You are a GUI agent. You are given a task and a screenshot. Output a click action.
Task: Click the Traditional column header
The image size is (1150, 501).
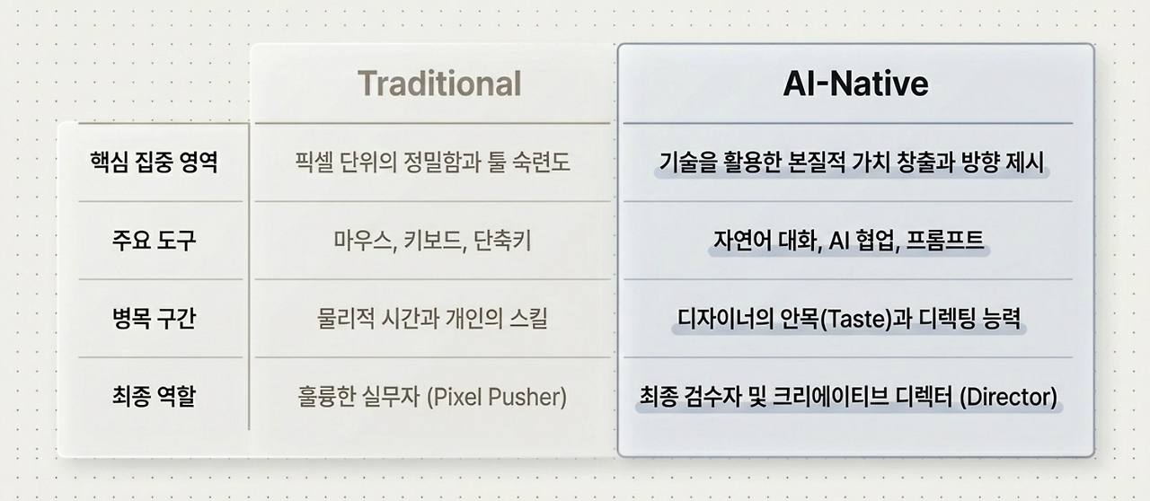coord(439,83)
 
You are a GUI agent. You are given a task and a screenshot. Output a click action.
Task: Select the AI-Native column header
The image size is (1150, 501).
coord(856,83)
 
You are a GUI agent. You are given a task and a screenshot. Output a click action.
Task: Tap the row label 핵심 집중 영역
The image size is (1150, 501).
coord(155,163)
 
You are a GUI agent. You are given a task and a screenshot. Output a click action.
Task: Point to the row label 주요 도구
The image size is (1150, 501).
coord(155,241)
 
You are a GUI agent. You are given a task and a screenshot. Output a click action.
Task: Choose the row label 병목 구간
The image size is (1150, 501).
coord(155,318)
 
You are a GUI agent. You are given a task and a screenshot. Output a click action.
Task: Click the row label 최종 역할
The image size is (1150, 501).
coord(155,396)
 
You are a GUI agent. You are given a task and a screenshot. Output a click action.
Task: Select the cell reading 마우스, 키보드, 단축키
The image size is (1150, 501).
coord(433,241)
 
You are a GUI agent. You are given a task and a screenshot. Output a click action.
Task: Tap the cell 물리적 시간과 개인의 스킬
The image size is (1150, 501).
coord(433,318)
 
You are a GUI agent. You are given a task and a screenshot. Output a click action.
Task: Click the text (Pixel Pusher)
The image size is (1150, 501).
coord(497,397)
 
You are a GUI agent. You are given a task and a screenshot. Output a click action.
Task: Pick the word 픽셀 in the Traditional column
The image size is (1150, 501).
coord(314,163)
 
